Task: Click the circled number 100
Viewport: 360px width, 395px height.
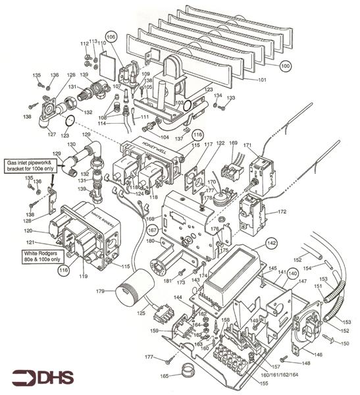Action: (x=286, y=66)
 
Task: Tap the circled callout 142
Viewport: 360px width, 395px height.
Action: (x=271, y=242)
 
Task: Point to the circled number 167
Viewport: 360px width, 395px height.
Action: (x=152, y=230)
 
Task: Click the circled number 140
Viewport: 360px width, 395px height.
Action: (x=292, y=273)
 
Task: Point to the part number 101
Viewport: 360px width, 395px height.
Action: (x=261, y=80)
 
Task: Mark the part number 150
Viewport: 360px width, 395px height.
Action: (x=345, y=344)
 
